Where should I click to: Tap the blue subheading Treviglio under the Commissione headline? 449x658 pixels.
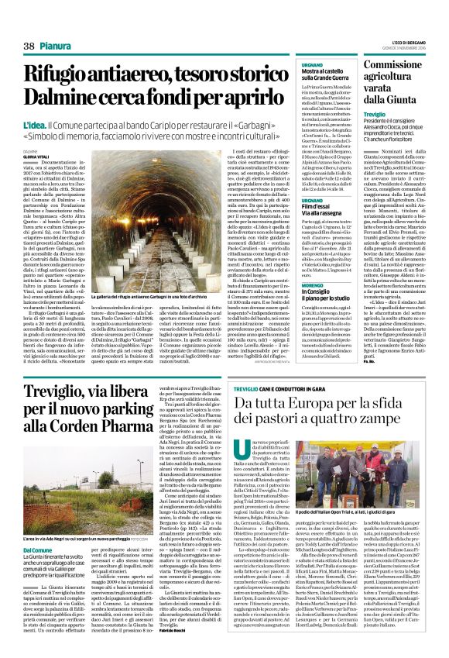click(x=375, y=114)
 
